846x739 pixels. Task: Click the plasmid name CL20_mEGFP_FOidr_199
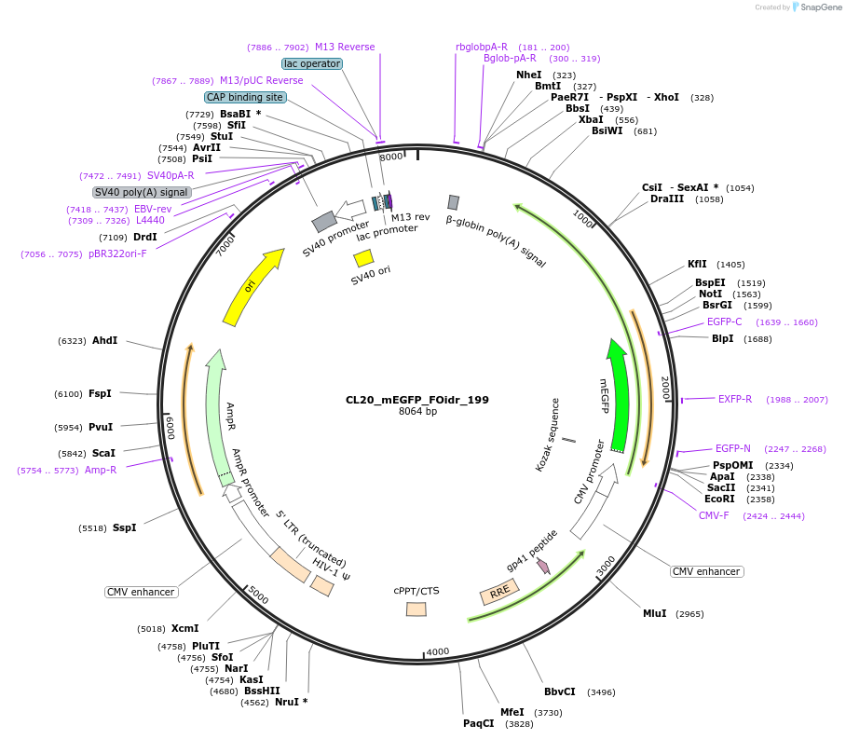click(x=417, y=400)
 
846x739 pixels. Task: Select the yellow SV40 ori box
click(x=363, y=257)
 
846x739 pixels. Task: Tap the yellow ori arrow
click(x=252, y=287)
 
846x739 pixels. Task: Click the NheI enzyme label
click(x=528, y=75)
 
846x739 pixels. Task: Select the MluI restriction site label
click(x=655, y=613)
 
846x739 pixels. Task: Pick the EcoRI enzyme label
click(x=719, y=499)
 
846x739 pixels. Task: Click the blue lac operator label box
click(x=312, y=63)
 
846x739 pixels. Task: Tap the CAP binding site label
click(x=245, y=97)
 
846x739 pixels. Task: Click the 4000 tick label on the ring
click(x=437, y=652)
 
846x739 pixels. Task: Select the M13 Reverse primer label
click(x=345, y=47)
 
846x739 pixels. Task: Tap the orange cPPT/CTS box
click(x=416, y=609)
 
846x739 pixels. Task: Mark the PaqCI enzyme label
click(x=479, y=723)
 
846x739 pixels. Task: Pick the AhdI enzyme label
click(x=104, y=340)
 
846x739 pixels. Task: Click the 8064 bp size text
click(x=417, y=412)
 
